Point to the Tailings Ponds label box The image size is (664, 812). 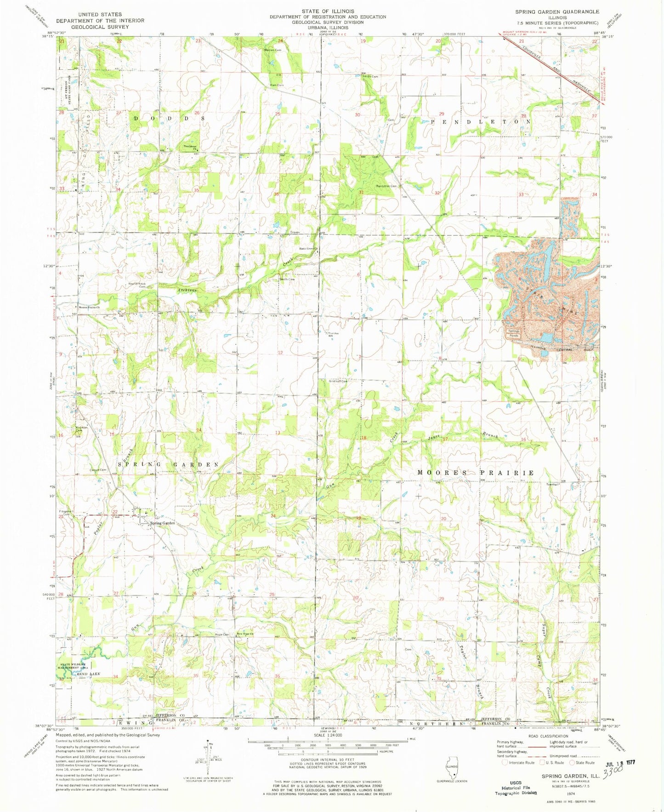(514, 333)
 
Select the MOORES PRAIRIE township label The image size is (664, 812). (476, 473)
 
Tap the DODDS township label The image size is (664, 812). (169, 118)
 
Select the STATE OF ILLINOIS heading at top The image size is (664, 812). (328, 11)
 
